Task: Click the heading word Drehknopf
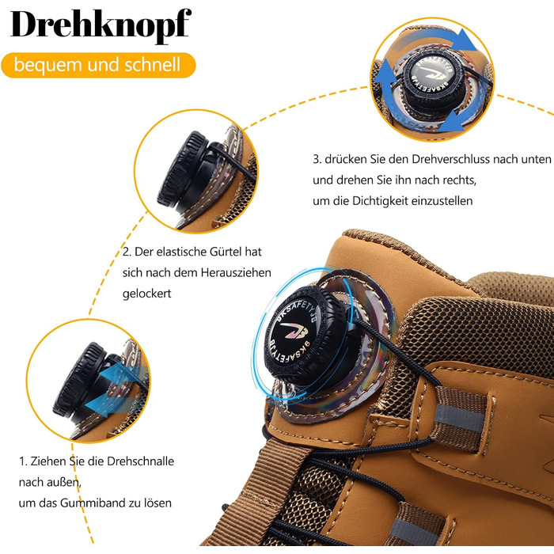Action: pos(101,25)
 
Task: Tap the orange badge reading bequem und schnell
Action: pos(98,65)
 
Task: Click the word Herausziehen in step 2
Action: pos(236,272)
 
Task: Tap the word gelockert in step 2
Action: pos(147,294)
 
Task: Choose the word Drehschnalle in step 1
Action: pos(141,461)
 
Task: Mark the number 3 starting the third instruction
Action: pos(317,159)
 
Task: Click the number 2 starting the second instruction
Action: pos(127,252)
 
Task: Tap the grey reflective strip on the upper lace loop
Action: pos(458,419)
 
